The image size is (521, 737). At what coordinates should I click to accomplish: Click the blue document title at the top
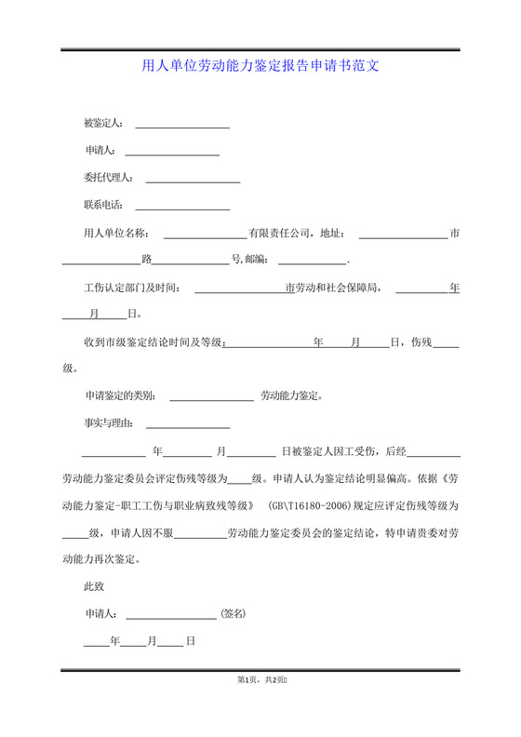(260, 66)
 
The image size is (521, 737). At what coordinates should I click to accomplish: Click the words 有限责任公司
(277, 234)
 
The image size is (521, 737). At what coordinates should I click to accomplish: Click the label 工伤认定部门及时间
(132, 288)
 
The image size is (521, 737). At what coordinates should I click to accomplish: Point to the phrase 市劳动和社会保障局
(332, 288)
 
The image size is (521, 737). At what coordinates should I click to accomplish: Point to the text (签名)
(233, 614)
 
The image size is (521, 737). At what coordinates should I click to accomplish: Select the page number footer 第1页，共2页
(260, 681)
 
